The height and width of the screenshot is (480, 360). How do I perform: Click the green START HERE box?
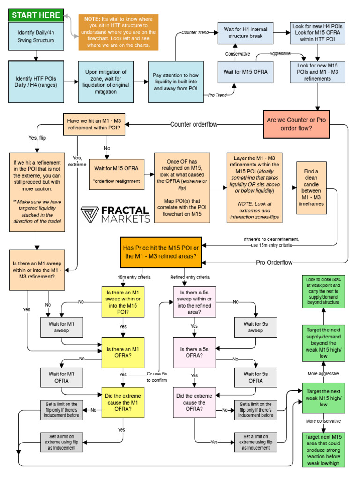(x=36, y=15)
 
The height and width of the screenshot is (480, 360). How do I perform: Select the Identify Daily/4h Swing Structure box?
(x=36, y=36)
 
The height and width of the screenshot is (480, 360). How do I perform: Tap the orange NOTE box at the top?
(x=118, y=32)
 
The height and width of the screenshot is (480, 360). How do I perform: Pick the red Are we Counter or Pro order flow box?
(x=297, y=124)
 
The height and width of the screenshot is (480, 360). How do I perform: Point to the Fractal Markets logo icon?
(x=92, y=214)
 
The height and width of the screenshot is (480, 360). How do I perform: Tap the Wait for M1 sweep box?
(x=61, y=327)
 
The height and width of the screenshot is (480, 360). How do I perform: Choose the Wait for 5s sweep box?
(x=255, y=327)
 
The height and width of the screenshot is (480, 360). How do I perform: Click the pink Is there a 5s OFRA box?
(x=195, y=352)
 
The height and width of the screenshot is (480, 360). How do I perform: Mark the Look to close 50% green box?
(x=323, y=292)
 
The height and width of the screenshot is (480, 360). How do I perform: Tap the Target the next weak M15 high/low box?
(x=323, y=398)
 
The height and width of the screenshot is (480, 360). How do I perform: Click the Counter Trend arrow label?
(x=195, y=33)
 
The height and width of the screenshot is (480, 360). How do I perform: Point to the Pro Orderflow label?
(x=274, y=262)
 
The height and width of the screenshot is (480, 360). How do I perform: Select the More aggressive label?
(x=323, y=374)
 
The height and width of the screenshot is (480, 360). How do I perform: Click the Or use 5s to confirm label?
(x=156, y=377)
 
